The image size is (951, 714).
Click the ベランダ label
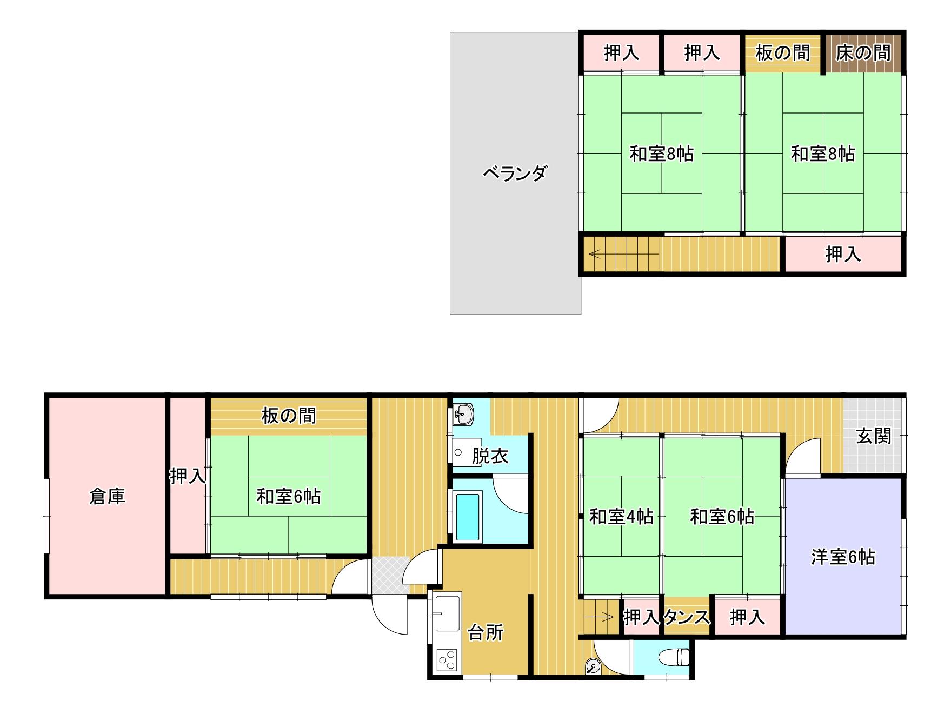coord(515,174)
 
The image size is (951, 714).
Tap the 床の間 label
coord(863,53)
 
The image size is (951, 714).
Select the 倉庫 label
coord(107,496)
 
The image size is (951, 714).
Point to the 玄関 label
coord(873,436)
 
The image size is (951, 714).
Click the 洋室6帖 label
coord(843,557)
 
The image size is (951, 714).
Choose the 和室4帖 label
coord(621,517)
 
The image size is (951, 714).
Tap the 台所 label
coord(486,632)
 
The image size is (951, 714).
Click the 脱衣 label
coord(490,456)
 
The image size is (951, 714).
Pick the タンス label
coord(686,617)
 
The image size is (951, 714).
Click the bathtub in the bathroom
coord(468,517)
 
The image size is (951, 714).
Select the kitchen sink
coord(447,613)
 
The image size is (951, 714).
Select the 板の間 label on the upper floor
coord(782,53)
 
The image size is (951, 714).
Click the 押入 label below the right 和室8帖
coord(843,255)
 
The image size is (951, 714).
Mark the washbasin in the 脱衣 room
coord(463,415)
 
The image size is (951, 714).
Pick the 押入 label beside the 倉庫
coord(187,476)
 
